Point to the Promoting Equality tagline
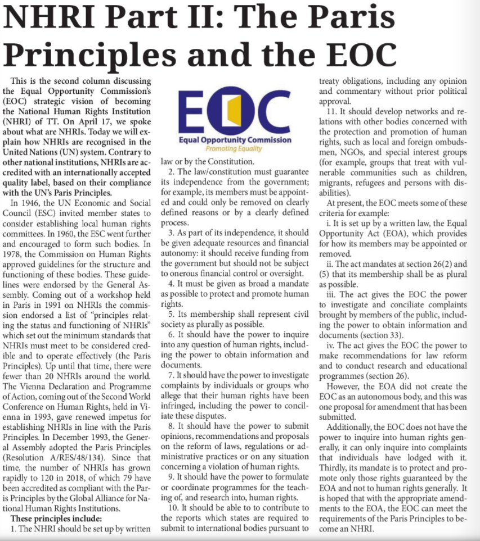click(x=234, y=149)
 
